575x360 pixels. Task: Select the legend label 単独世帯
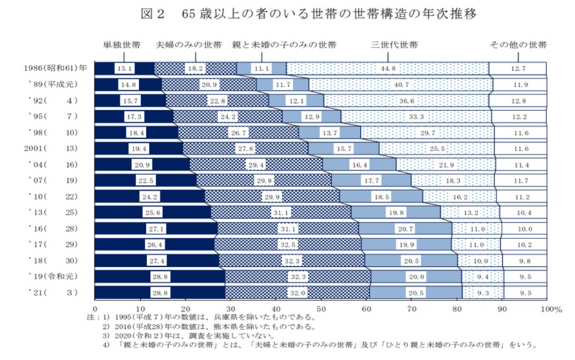121,46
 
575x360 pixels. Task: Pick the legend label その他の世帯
517,46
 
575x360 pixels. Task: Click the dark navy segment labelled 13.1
124,68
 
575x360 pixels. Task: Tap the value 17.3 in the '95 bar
134,116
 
